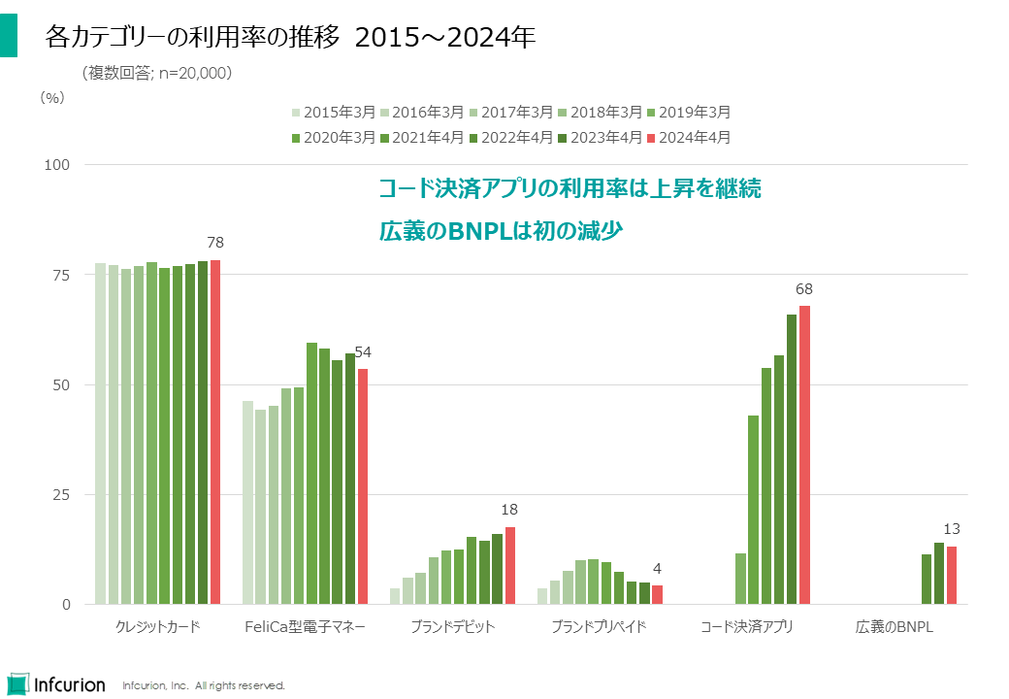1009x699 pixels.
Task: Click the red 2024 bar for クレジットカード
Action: [x=215, y=432]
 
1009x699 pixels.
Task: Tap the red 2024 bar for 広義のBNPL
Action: [x=952, y=575]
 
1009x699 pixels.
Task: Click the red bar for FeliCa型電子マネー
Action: [x=363, y=485]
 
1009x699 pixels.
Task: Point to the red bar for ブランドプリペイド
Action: [x=657, y=594]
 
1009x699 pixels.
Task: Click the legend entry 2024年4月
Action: [x=688, y=137]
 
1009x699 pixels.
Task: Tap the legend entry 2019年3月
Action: [x=688, y=112]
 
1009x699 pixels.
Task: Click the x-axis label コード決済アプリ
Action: [x=747, y=627]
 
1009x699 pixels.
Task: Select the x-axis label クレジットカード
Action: [x=157, y=627]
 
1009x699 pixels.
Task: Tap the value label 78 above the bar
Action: [x=215, y=242]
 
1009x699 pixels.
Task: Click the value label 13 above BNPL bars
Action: [x=952, y=529]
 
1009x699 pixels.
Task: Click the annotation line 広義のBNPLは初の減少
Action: [x=500, y=231]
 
